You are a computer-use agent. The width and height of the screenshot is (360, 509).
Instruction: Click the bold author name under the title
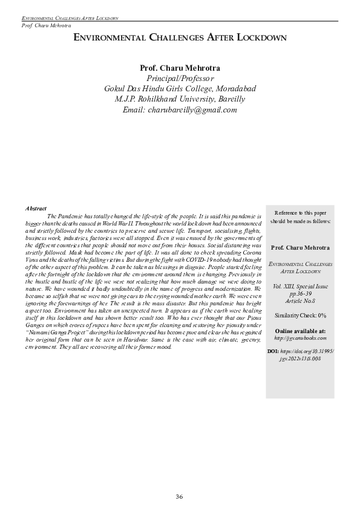coord(180,68)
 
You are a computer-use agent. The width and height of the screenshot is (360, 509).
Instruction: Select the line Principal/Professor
coord(180,79)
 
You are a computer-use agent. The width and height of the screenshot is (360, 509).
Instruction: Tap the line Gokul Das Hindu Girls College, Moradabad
coord(180,89)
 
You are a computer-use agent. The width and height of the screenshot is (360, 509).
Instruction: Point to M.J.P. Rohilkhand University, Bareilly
coord(180,99)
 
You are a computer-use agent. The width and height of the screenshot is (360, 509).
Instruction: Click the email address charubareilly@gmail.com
coord(180,109)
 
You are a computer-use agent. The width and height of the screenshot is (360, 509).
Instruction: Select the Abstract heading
coord(36,207)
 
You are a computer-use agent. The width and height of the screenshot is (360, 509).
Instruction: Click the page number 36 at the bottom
coord(179,496)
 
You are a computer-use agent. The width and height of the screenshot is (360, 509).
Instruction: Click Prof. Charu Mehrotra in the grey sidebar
coord(300,248)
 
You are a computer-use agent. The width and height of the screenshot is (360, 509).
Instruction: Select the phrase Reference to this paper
coord(300,213)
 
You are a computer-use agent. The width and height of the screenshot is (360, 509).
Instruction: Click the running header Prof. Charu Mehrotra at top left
coord(46,25)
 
